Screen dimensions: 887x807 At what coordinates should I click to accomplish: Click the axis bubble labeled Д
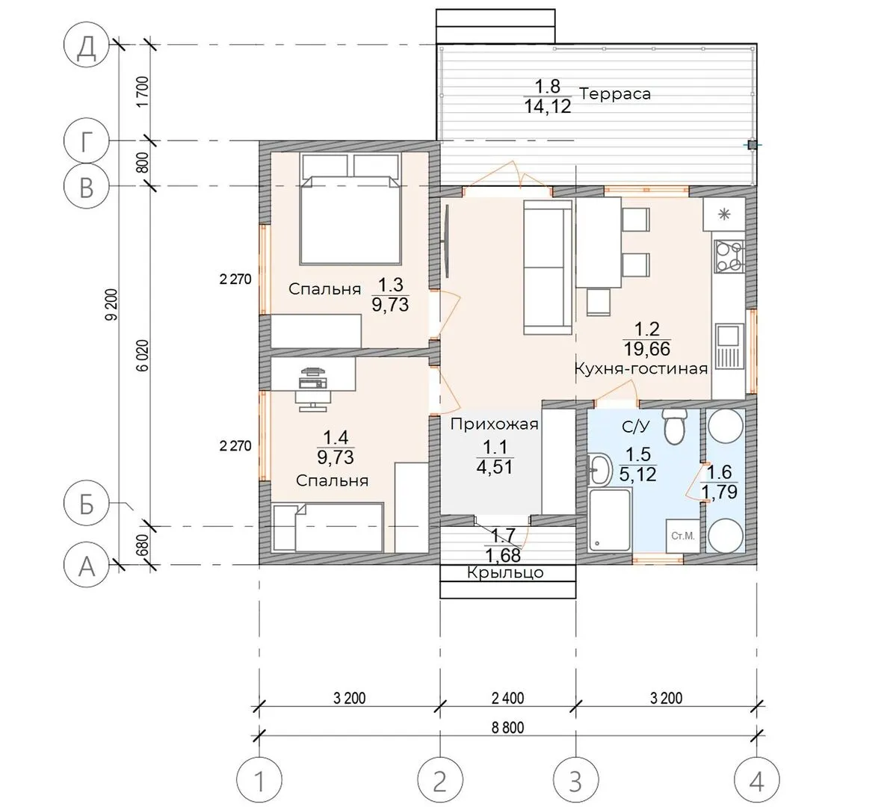click(86, 46)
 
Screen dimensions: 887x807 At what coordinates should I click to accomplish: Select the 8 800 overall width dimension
click(508, 727)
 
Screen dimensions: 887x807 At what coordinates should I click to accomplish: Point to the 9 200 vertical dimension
click(113, 305)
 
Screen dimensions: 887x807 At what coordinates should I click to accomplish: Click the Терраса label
click(615, 94)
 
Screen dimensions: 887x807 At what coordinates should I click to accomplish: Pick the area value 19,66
click(647, 348)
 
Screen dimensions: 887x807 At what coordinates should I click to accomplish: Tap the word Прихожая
click(495, 424)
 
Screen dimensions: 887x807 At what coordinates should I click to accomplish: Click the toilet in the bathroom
click(674, 426)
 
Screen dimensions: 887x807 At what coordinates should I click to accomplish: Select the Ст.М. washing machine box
click(683, 536)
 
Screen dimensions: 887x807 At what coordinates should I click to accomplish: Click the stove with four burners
click(729, 256)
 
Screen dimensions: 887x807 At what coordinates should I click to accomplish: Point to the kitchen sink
click(729, 345)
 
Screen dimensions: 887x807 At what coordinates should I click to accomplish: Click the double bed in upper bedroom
click(350, 220)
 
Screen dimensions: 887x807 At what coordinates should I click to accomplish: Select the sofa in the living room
click(547, 267)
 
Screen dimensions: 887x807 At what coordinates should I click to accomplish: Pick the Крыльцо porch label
click(505, 573)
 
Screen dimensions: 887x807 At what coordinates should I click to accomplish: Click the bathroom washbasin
click(599, 469)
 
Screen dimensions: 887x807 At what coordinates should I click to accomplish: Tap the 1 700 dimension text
click(143, 92)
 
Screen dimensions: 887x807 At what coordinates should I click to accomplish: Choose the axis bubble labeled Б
click(86, 503)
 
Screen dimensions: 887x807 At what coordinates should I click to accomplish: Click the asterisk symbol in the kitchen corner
click(724, 214)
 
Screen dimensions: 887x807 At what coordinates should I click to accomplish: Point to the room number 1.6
click(720, 472)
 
